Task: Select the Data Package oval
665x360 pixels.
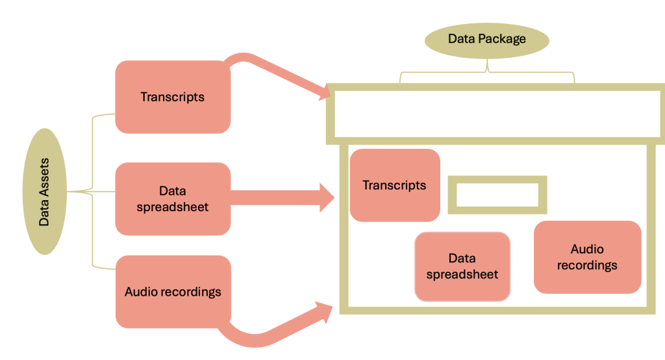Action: pos(486,40)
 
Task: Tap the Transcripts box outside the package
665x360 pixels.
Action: pos(173,97)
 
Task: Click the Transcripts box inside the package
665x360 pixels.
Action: pos(395,185)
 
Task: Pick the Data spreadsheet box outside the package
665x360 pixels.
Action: pos(173,199)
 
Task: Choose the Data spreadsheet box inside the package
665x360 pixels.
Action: pos(462,266)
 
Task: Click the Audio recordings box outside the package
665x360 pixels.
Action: pos(173,291)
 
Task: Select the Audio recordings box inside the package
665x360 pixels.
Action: pos(587,257)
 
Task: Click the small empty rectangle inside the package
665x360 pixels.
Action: pos(497,194)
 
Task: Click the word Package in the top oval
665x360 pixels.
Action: pos(501,39)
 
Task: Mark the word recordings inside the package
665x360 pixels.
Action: pos(587,265)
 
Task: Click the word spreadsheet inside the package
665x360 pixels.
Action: pos(462,274)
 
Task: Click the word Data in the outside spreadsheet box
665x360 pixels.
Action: pos(173,191)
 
